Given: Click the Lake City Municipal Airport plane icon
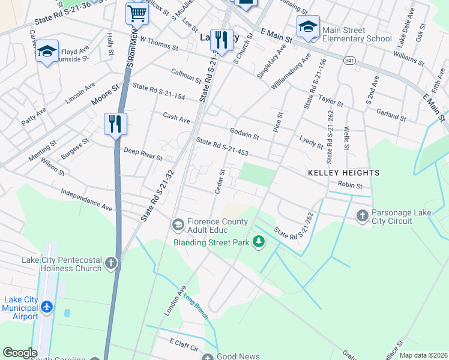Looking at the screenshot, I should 47,307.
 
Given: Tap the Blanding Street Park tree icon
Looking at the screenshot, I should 259,242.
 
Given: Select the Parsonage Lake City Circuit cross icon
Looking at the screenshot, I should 362,215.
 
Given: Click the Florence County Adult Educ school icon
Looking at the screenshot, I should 178,224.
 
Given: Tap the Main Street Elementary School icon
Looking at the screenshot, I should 308,28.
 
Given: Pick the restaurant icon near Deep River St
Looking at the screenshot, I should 115,125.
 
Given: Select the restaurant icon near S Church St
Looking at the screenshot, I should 221,41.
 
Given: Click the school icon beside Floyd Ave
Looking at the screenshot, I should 47,53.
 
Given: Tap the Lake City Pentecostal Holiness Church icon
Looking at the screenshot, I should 111,263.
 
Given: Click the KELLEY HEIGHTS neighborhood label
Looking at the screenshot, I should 343,173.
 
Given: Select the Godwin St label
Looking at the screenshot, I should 244,134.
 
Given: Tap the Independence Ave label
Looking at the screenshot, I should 86,200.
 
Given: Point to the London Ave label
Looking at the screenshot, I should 175,301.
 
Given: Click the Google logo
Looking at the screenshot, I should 20,353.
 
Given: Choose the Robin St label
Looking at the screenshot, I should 350,185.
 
